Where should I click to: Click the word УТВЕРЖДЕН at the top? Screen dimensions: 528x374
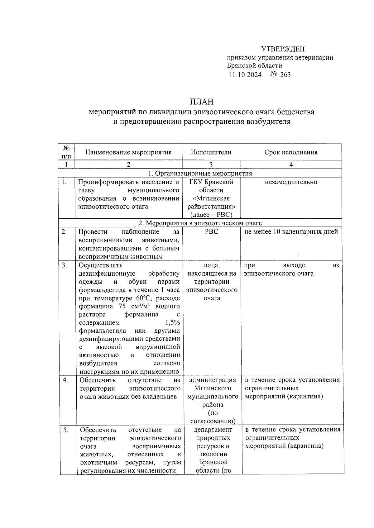(282, 49)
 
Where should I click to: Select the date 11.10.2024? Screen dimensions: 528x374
(245, 74)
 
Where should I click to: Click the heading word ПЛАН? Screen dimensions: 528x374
(202, 102)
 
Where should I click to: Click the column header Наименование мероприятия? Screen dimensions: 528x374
(128, 152)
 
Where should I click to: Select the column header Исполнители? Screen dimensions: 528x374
(211, 152)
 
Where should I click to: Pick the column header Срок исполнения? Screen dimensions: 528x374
(290, 152)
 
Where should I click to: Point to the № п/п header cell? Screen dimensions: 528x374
(66, 152)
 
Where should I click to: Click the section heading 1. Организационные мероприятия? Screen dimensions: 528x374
(199, 174)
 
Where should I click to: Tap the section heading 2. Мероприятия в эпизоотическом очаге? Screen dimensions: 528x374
(200, 223)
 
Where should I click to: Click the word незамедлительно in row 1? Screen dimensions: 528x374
(291, 182)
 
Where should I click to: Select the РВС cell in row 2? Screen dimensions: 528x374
(211, 232)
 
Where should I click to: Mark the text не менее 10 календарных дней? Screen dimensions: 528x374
(291, 232)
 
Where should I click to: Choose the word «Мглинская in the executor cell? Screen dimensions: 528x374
(211, 198)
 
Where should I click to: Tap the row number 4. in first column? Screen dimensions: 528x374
(65, 380)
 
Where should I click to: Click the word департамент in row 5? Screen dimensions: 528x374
(213, 430)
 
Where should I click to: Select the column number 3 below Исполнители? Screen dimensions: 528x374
(211, 165)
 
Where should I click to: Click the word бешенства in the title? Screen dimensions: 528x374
(295, 112)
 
